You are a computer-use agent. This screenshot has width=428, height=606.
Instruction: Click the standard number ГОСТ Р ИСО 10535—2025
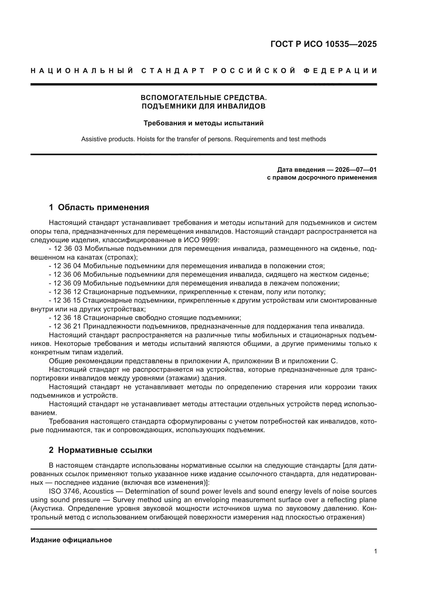[x=323, y=44]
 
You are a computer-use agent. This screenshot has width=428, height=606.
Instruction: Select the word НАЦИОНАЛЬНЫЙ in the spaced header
[x=82, y=71]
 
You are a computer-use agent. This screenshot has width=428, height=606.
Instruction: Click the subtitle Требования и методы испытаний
[x=203, y=123]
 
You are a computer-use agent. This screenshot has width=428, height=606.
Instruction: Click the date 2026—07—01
[x=356, y=169]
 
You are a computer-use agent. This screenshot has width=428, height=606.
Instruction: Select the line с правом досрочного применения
[x=322, y=178]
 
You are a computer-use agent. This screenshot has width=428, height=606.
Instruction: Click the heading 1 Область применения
[x=99, y=207]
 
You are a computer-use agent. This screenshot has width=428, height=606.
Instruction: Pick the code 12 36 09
[x=67, y=283]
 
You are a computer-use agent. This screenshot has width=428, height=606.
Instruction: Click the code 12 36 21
[x=67, y=326]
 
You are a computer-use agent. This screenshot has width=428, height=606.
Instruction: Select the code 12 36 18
[x=67, y=318]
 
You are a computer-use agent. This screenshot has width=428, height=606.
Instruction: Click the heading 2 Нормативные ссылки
[x=100, y=450]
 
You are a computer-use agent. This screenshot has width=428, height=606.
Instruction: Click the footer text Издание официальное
[x=71, y=540]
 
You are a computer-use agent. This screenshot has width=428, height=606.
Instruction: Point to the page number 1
[x=375, y=551]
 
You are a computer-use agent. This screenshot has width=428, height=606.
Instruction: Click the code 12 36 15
[x=67, y=300]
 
